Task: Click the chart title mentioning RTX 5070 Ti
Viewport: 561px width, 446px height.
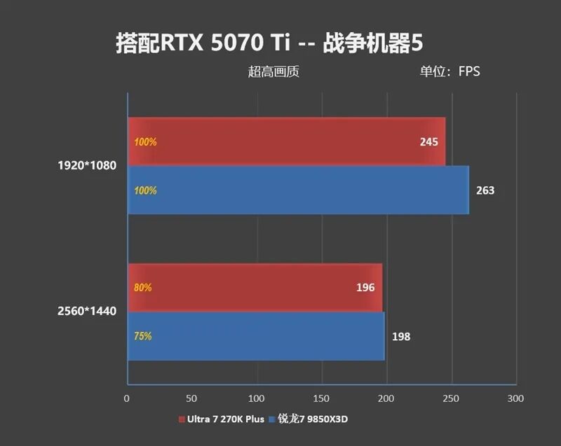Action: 270,43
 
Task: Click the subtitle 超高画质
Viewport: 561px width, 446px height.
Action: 273,71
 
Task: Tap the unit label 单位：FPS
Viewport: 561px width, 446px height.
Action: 450,71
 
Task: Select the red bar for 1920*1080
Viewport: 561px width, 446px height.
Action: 286,141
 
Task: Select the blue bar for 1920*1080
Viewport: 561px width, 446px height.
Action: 298,190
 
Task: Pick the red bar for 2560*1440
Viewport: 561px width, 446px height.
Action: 255,287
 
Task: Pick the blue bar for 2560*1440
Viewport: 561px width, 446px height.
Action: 256,336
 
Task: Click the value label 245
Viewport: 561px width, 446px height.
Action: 429,142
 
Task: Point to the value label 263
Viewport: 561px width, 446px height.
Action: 485,190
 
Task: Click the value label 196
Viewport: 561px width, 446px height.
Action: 365,288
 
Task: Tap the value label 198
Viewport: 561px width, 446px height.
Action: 401,337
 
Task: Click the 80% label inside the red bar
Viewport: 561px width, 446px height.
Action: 143,288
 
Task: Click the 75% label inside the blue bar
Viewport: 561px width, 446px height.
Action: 143,336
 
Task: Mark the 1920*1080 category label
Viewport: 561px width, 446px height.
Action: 87,166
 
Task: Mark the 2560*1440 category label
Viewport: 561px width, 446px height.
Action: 87,311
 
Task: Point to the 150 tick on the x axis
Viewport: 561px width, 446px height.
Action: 321,398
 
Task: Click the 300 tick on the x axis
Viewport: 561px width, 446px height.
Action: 516,398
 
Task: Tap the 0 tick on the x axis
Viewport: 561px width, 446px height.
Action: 127,398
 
